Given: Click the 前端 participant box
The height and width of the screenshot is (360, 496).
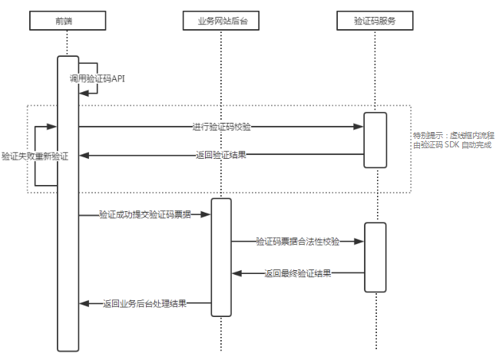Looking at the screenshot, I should click(x=67, y=20).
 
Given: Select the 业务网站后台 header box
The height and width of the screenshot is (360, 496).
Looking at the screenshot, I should click(x=220, y=20).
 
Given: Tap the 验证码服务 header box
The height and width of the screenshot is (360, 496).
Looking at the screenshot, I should click(x=375, y=20).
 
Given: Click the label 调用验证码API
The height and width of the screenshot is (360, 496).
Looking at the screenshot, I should click(x=95, y=79).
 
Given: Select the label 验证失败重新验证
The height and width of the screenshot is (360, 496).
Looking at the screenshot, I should click(x=35, y=156).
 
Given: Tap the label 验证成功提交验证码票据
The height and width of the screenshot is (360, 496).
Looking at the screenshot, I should click(x=144, y=216).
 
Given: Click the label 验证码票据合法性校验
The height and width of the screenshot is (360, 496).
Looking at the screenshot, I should click(x=299, y=241).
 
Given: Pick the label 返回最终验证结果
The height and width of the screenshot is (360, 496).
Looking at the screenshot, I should click(x=298, y=272).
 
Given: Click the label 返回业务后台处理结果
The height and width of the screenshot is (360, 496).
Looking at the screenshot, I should click(x=144, y=303).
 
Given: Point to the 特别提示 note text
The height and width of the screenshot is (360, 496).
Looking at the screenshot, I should click(x=451, y=140).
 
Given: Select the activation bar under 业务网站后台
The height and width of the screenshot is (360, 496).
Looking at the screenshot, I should click(x=221, y=257).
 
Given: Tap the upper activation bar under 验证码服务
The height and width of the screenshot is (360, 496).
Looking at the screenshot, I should click(x=375, y=140).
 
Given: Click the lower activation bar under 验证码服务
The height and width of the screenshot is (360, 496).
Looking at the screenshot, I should click(x=375, y=257).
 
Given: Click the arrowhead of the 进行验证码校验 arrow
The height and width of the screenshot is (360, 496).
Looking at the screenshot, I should click(x=359, y=126).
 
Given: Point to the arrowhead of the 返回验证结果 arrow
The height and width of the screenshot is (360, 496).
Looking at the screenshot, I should click(x=84, y=155).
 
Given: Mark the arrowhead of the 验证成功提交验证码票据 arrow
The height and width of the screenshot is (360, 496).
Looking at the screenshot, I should click(x=207, y=216).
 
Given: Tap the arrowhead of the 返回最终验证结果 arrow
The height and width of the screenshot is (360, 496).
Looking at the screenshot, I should click(x=237, y=272).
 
